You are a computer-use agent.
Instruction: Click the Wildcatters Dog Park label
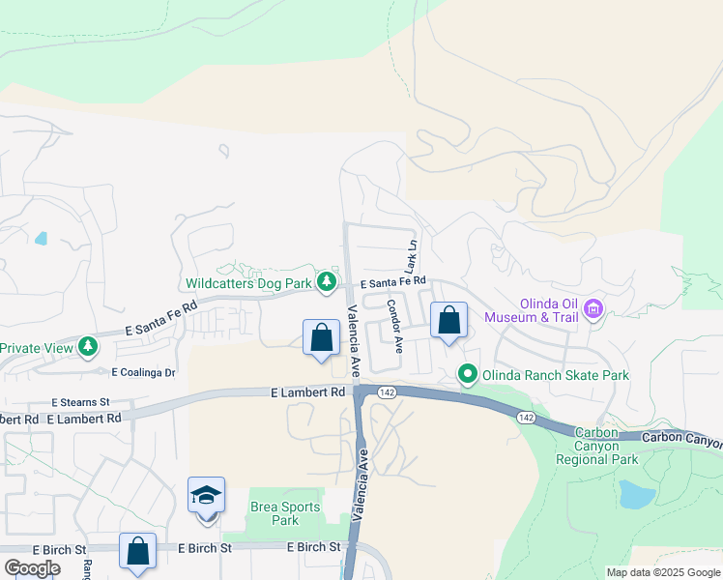pyautogui.click(x=249, y=284)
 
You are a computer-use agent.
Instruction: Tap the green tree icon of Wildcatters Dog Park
pyautogui.click(x=328, y=281)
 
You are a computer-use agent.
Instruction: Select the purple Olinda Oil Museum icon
pyautogui.click(x=593, y=309)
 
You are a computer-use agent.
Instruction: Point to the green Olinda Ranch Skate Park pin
pyautogui.click(x=468, y=373)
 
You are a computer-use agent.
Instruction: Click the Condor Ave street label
pyautogui.click(x=394, y=321)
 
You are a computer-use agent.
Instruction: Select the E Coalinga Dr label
pyautogui.click(x=143, y=372)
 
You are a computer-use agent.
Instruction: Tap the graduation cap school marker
pyautogui.click(x=207, y=496)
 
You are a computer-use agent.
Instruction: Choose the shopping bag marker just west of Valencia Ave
pyautogui.click(x=322, y=338)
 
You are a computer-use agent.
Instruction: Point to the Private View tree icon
pyautogui.click(x=88, y=346)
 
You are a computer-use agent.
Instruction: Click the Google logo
pyautogui.click(x=32, y=567)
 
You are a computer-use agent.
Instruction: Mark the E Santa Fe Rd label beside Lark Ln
pyautogui.click(x=393, y=283)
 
